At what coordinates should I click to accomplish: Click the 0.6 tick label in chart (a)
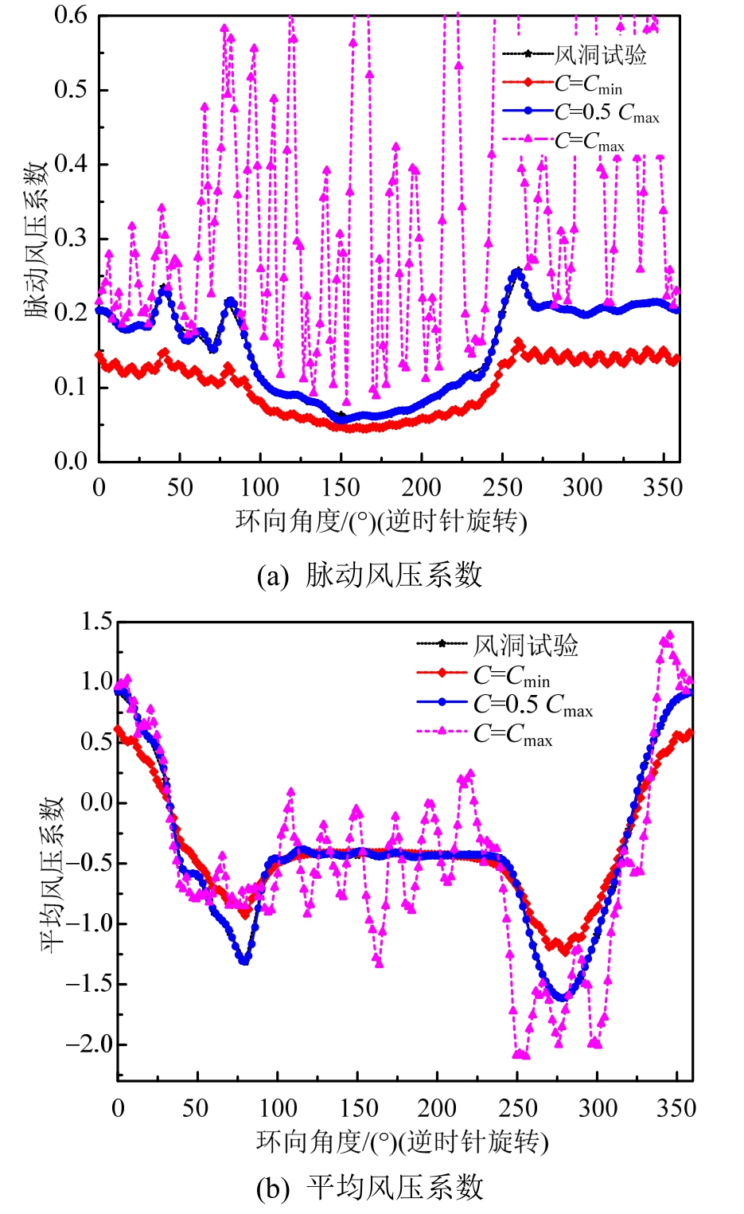(71, 15)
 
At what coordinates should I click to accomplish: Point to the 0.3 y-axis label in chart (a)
(71, 238)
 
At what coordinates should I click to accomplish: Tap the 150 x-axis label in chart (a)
(341, 487)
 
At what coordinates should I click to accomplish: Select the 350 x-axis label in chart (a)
(663, 487)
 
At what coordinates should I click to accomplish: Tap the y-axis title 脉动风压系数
(37, 239)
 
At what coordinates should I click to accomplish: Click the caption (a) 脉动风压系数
(370, 575)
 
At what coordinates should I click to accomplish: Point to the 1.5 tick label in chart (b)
(97, 622)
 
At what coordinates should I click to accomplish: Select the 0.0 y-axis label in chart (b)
(97, 802)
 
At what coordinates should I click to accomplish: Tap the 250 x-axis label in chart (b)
(518, 1108)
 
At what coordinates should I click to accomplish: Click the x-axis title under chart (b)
(403, 1142)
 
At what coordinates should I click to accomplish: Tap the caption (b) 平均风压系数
(370, 1188)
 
